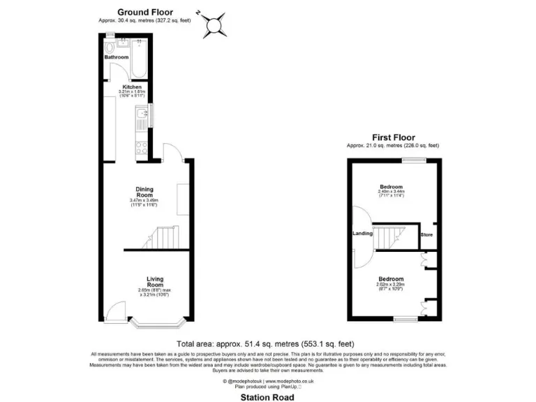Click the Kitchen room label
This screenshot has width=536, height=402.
[132, 87]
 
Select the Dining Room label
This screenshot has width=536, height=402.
[144, 191]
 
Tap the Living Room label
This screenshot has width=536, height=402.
[155, 283]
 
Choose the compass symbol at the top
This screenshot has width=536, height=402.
[213, 24]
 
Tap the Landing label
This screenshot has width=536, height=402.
[362, 234]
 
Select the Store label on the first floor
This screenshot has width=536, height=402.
[426, 235]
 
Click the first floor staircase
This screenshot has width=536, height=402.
[395, 237]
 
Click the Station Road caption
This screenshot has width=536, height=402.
[267, 397]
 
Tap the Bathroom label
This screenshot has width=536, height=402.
[117, 57]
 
